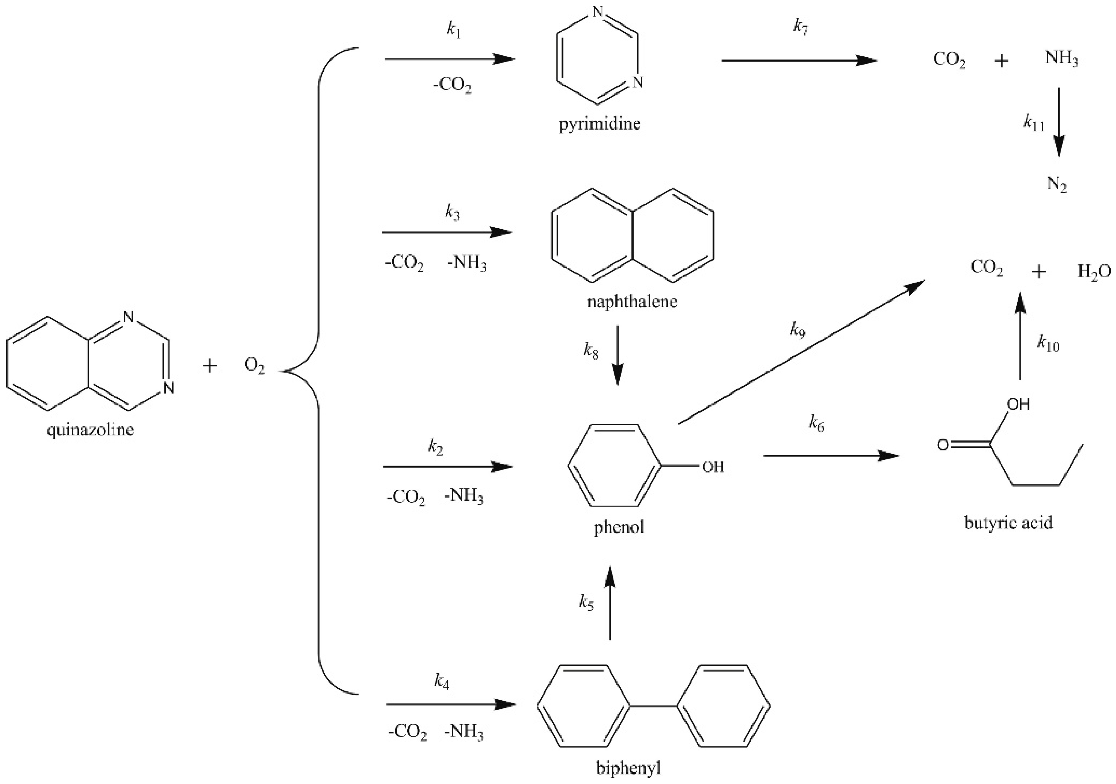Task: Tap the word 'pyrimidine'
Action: [599, 124]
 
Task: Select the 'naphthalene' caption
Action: [632, 302]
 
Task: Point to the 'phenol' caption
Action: [619, 527]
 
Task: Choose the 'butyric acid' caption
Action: [1008, 523]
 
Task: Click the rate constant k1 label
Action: [453, 30]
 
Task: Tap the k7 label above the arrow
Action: [800, 27]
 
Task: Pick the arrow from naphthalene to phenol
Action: [617, 355]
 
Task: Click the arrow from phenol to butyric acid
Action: [831, 456]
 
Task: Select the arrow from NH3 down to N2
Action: [1059, 122]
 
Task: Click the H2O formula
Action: [1094, 271]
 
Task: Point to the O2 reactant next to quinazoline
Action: [254, 366]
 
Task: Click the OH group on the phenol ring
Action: [713, 467]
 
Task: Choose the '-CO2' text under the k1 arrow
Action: [452, 86]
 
